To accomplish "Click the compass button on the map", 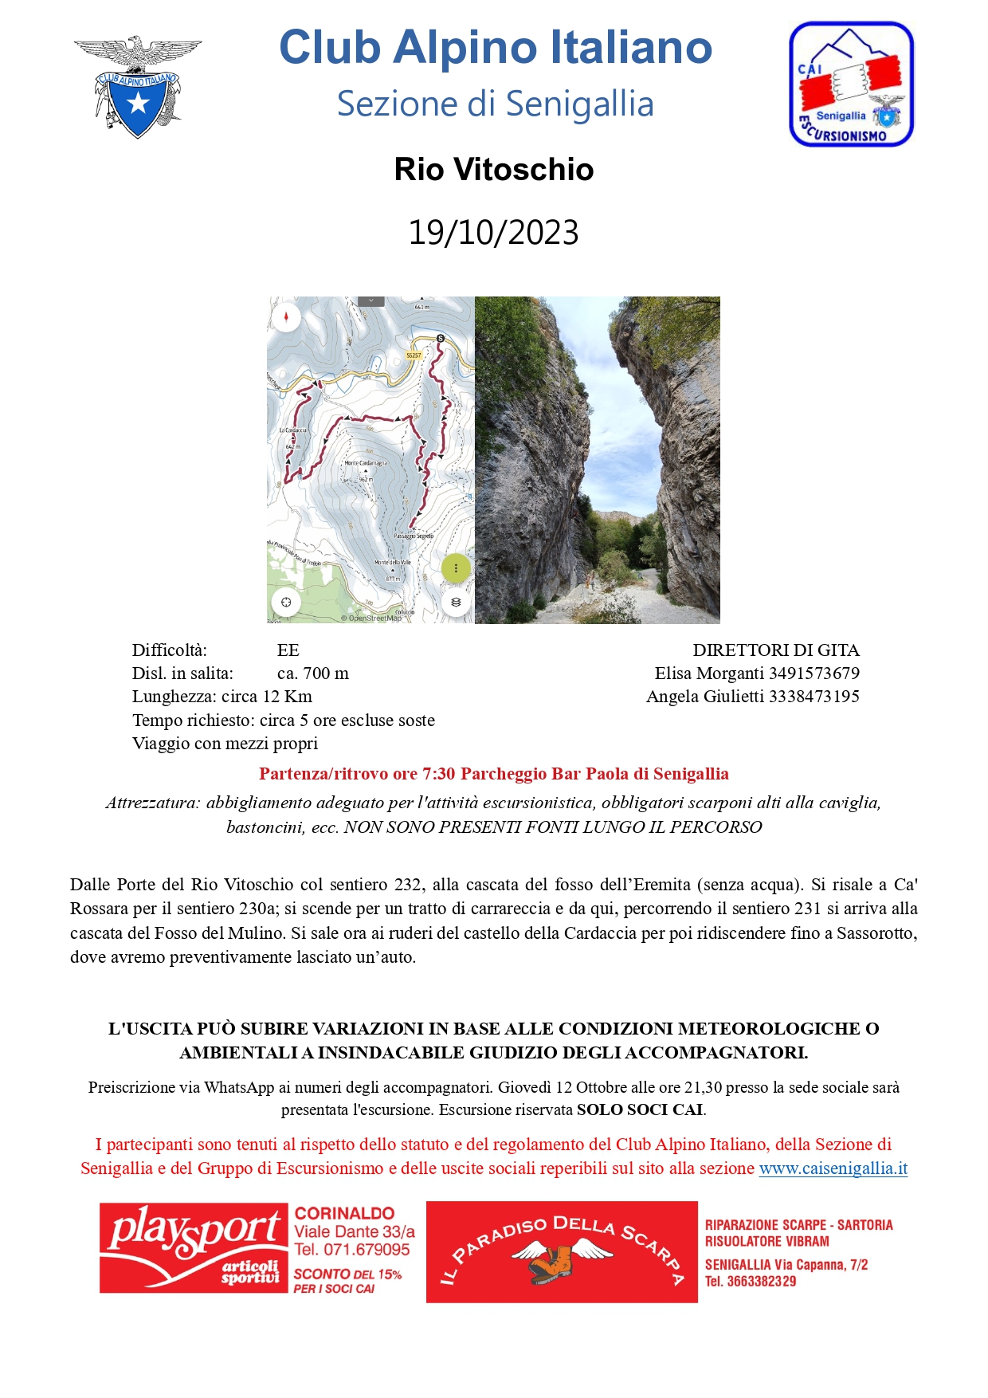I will [286, 317].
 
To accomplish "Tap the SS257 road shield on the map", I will [413, 355].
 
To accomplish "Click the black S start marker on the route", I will [441, 339].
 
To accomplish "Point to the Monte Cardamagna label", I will [366, 463].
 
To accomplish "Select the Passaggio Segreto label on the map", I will [414, 536].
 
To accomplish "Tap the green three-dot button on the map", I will [456, 568].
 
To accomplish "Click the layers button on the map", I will [456, 603].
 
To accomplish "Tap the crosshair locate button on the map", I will [286, 603].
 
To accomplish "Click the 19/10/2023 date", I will [493, 233].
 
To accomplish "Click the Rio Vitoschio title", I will [493, 170].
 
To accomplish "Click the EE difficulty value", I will [288, 650].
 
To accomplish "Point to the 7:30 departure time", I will [438, 774].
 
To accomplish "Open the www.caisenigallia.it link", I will [833, 1168].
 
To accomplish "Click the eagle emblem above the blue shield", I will [138, 53].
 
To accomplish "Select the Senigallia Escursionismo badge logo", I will [851, 84].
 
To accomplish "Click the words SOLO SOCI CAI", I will [640, 1109].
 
